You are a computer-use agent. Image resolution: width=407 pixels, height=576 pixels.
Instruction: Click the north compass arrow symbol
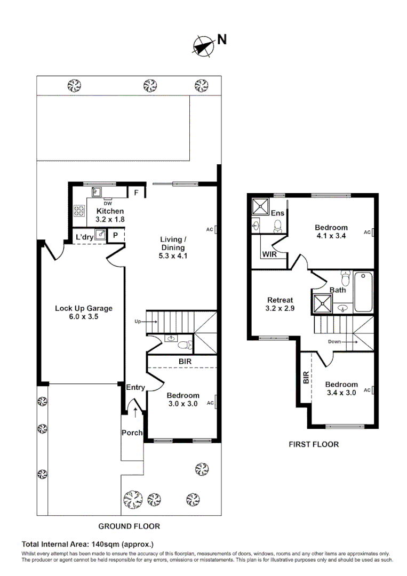[x=202, y=46]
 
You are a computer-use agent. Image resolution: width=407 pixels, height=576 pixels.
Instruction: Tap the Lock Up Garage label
[x=83, y=312]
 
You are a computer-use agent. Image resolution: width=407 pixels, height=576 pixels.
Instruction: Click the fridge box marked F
[x=136, y=193]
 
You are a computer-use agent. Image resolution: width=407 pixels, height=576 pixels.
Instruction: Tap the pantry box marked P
[x=115, y=235]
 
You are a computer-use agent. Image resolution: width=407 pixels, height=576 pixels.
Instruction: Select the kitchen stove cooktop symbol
[x=79, y=211]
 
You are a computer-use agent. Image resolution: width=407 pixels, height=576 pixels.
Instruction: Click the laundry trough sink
[x=100, y=237]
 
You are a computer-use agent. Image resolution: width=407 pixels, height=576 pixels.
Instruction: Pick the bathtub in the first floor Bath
[x=364, y=292]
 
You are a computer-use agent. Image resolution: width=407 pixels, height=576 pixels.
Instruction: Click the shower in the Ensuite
[x=261, y=206]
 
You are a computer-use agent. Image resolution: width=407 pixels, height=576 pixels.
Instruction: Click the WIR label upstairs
[x=269, y=255]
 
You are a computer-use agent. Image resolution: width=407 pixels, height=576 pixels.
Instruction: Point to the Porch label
[x=132, y=433]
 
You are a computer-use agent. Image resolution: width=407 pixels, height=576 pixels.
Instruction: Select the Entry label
[x=135, y=387]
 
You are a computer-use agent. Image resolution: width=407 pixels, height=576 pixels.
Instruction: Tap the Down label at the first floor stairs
[x=335, y=342]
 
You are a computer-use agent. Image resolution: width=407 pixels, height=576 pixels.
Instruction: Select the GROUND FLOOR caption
[x=129, y=526]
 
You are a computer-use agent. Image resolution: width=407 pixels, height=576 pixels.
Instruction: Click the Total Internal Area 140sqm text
[x=87, y=545]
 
